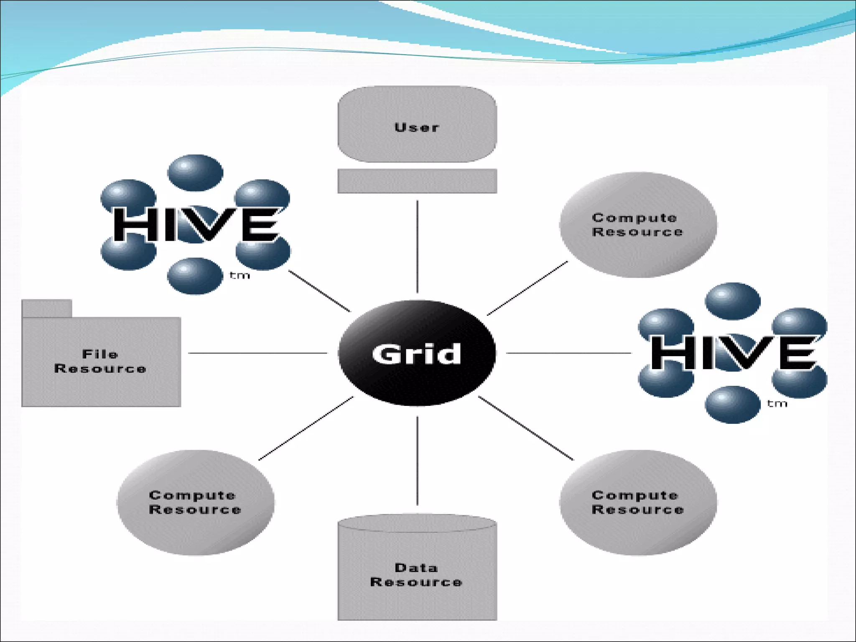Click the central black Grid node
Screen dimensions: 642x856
tap(417, 353)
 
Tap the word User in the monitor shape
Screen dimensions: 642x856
tap(417, 127)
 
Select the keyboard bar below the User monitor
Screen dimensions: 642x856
tap(417, 181)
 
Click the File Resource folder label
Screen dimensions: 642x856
tap(100, 362)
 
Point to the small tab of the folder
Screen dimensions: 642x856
tap(47, 308)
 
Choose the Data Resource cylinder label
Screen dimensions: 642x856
tap(416, 575)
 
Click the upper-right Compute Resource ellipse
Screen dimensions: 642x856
tap(638, 225)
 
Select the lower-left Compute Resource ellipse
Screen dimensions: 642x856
tap(195, 502)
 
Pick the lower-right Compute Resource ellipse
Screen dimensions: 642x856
tap(638, 502)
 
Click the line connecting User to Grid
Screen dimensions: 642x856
tap(417, 247)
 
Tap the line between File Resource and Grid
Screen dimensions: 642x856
tap(257, 353)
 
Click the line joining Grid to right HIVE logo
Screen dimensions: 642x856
tap(568, 353)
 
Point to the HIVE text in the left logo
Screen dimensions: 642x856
tap(196, 224)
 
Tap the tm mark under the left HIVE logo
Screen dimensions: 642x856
tap(240, 275)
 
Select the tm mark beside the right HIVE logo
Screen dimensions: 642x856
tap(777, 404)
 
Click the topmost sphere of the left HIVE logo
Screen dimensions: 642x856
tap(195, 173)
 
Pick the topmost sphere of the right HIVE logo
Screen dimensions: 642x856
tap(733, 301)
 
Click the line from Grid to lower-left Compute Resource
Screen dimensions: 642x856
tap(306, 428)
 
